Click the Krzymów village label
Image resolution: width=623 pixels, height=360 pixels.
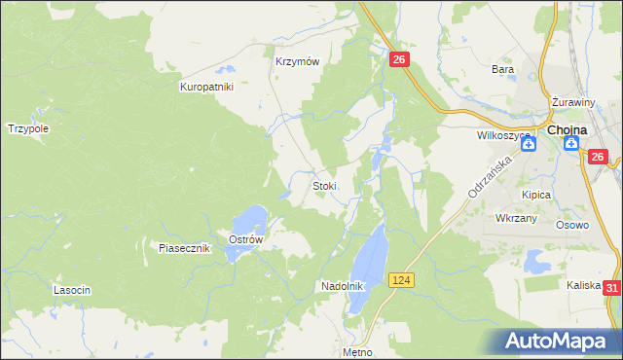click(297, 60)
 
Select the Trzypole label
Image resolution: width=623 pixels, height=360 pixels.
click(28, 128)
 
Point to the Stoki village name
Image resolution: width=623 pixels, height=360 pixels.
click(324, 186)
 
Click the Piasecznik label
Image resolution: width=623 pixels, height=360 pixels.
click(185, 248)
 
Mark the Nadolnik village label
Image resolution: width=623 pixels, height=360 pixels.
click(342, 287)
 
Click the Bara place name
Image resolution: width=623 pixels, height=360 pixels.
click(502, 70)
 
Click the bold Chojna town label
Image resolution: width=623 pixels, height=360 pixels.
click(567, 129)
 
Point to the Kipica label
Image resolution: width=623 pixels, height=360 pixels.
click(535, 195)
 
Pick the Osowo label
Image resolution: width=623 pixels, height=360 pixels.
click(572, 225)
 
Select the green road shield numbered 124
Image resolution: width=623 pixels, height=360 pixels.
click(401, 280)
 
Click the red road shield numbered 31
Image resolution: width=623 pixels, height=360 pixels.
click(611, 288)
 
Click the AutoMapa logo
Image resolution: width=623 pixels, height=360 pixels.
click(558, 342)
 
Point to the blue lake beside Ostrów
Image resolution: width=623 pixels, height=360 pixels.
click(249, 222)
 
